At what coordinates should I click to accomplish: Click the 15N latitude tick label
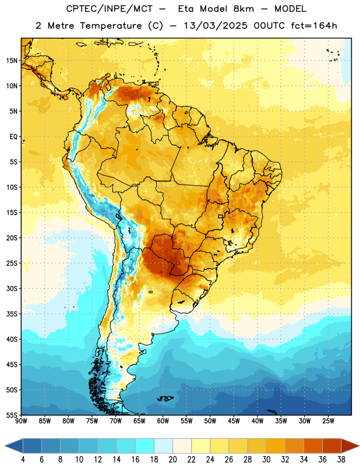[x=12, y=61]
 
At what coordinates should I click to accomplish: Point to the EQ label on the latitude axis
[x=13, y=137]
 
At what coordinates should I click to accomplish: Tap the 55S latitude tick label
[x=12, y=415]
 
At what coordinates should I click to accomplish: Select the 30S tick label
[x=12, y=288]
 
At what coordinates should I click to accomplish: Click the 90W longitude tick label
[x=22, y=421]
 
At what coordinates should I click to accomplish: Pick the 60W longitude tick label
[x=163, y=421]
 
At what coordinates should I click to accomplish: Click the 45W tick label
[x=234, y=421]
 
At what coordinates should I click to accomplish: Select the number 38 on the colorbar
[x=341, y=460]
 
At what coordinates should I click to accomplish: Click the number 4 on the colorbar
[x=23, y=460]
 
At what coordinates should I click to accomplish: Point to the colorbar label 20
[x=172, y=460]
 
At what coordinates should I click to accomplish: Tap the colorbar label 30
[x=266, y=460]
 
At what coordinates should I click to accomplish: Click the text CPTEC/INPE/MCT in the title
[x=110, y=9]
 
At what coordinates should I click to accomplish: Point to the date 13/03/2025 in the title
[x=216, y=26]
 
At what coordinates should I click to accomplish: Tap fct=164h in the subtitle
[x=314, y=26]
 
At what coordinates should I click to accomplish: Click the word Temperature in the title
[x=111, y=26]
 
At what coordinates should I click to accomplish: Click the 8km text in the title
[x=243, y=9]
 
